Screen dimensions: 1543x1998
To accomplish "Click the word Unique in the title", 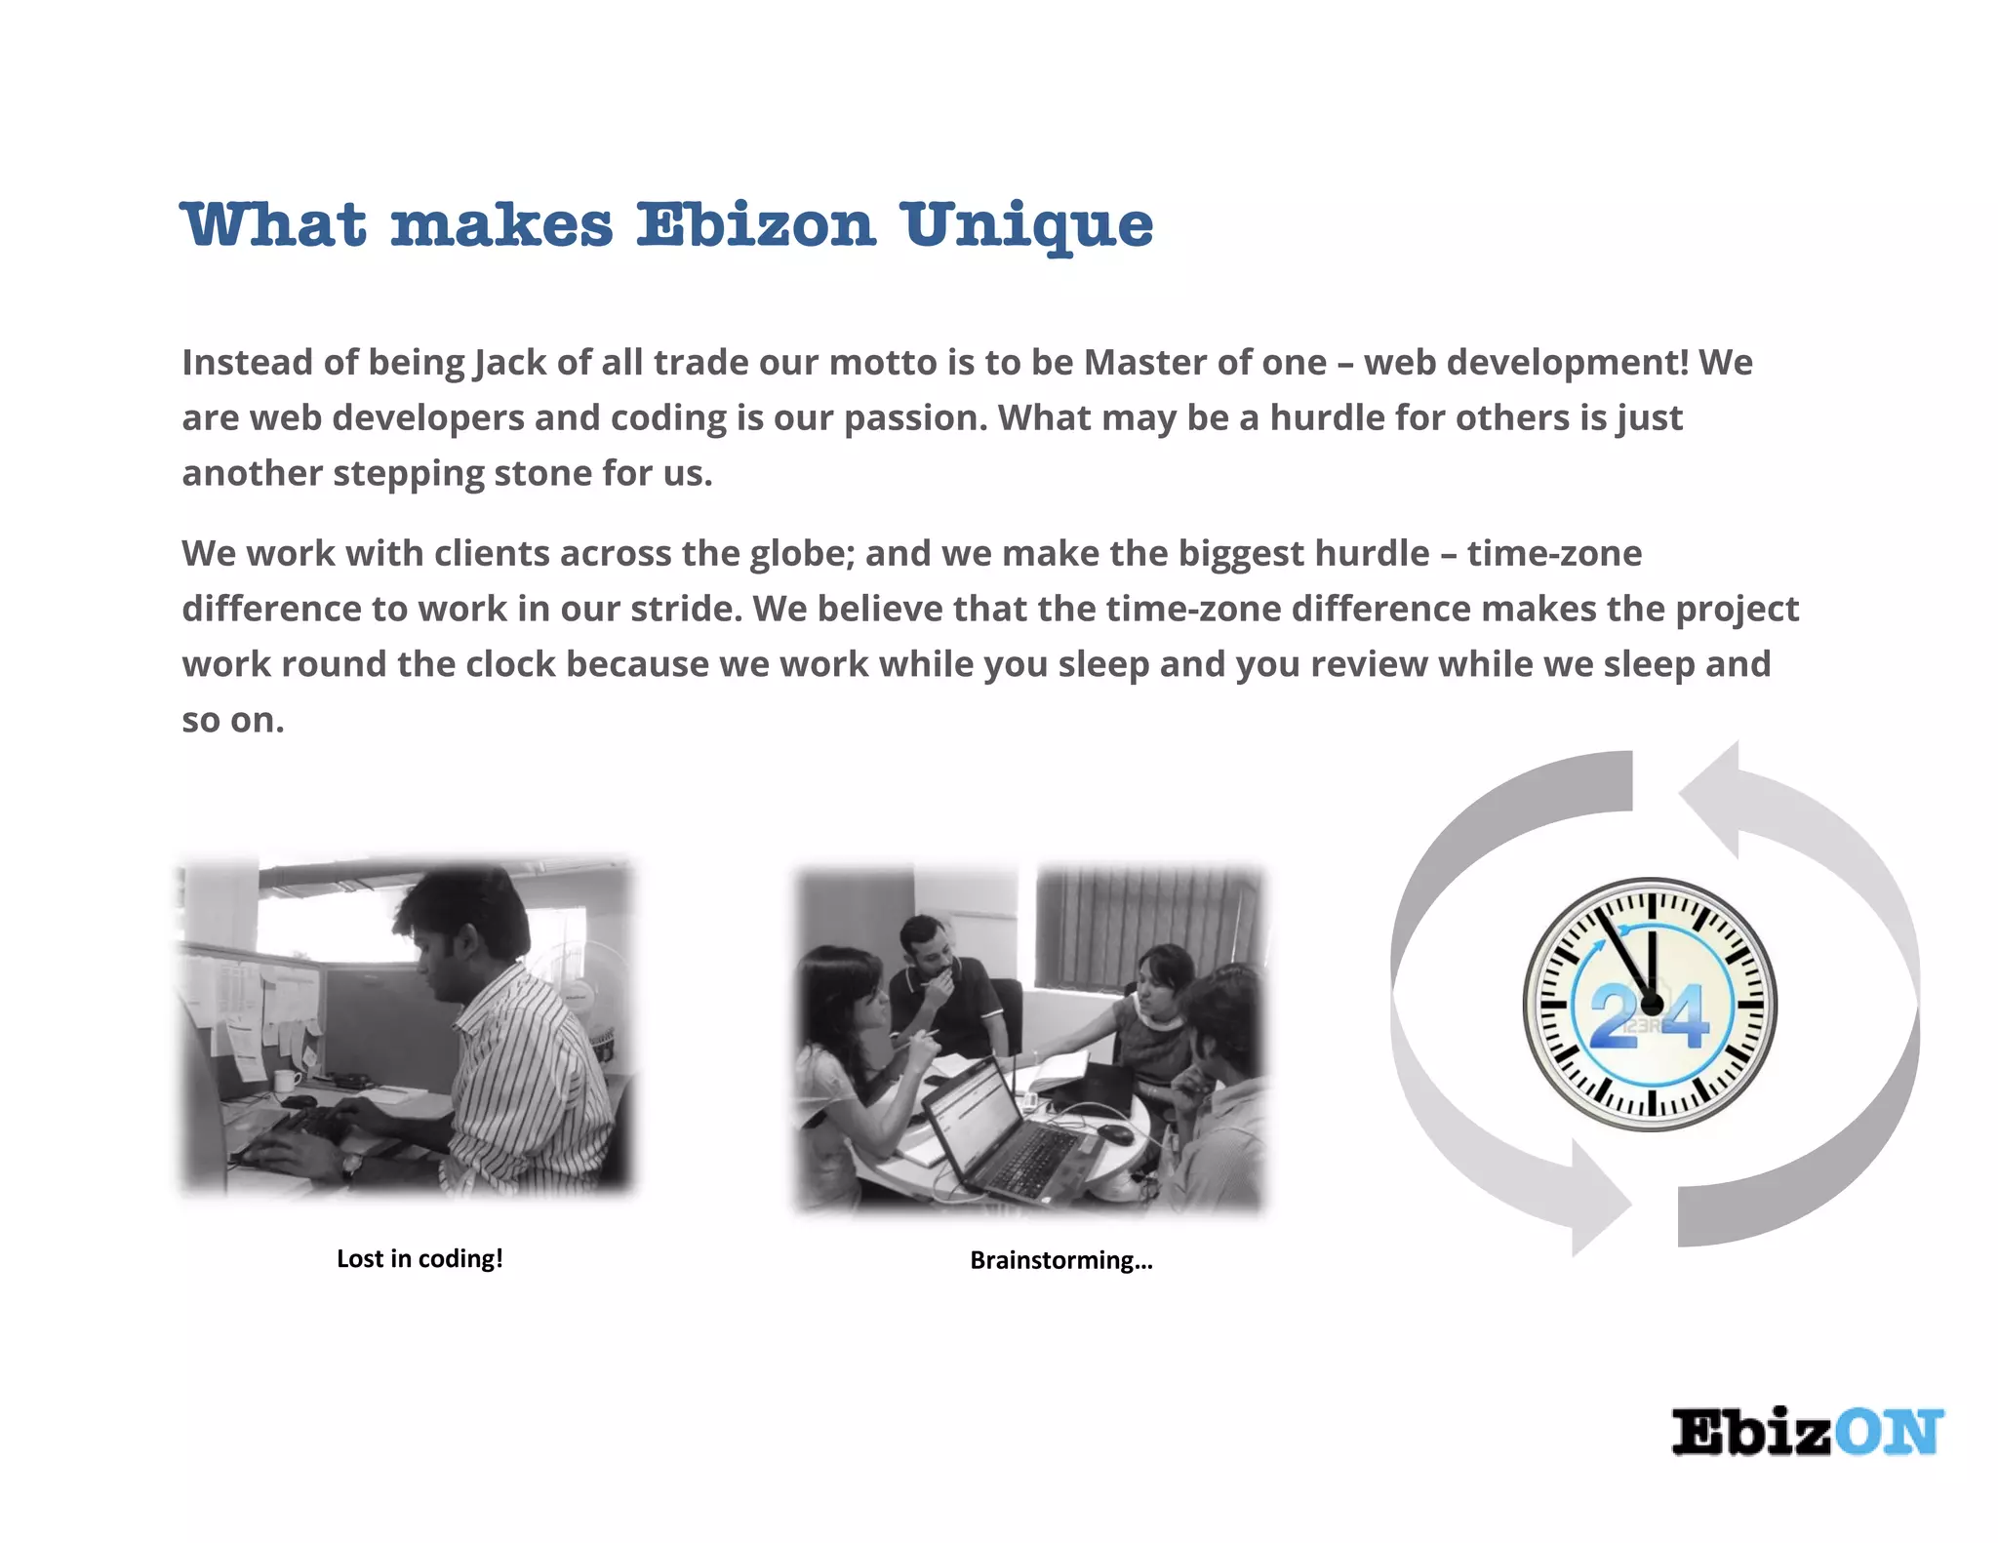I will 1026,226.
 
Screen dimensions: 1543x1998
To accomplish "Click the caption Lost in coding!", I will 420,1258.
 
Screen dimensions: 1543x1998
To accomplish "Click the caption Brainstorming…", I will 1060,1260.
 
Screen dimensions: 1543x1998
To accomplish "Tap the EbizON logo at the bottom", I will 1807,1433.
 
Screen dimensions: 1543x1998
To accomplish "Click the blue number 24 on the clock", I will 1649,1017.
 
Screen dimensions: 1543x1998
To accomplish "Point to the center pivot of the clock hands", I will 1652,1004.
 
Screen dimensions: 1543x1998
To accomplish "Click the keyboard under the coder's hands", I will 293,1136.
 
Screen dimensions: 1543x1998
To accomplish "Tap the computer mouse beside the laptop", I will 1115,1133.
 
